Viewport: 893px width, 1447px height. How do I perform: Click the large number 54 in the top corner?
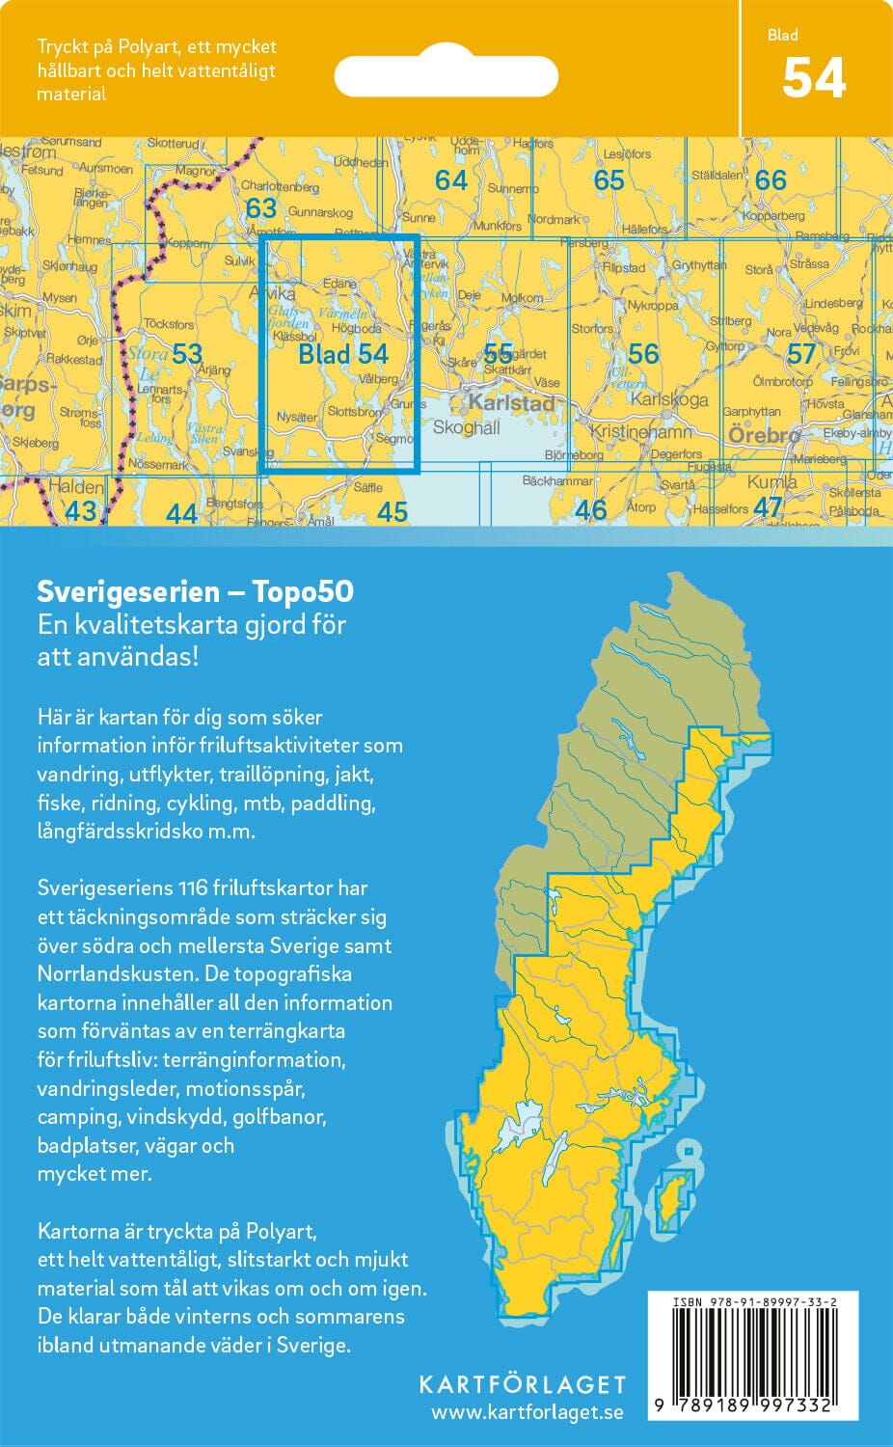814,78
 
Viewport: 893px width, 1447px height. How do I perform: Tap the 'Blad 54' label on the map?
342,354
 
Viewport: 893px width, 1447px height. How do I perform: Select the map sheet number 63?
260,208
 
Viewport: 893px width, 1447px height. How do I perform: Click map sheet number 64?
450,180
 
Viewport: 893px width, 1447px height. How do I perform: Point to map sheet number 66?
771,180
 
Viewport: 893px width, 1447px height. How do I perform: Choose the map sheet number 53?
187,353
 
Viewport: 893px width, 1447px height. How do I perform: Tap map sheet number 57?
801,354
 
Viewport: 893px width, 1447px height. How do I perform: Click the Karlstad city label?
511,402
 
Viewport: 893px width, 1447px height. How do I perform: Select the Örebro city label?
764,435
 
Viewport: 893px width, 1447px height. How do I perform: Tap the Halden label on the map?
75,487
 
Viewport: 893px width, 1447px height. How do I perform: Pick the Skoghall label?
467,427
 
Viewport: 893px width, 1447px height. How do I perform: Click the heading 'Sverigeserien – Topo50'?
195,591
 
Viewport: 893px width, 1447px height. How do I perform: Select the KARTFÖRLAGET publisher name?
522,1384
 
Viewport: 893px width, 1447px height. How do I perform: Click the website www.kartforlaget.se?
527,1412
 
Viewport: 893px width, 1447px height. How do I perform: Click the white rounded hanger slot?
446,76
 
